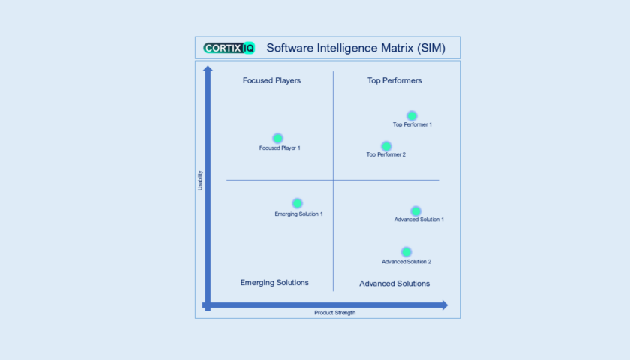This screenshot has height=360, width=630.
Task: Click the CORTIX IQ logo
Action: pyautogui.click(x=229, y=48)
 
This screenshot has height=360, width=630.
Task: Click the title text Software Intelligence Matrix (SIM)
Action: pyautogui.click(x=356, y=49)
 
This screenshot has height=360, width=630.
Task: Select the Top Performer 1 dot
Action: pyautogui.click(x=412, y=115)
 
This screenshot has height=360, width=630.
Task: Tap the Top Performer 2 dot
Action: pyautogui.click(x=386, y=146)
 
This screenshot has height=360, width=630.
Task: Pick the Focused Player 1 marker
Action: pyautogui.click(x=277, y=138)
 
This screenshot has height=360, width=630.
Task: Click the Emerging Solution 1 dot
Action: pyautogui.click(x=297, y=203)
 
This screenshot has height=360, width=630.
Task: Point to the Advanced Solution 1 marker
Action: pyautogui.click(x=415, y=211)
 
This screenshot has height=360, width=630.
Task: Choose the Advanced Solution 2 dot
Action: pyautogui.click(x=406, y=252)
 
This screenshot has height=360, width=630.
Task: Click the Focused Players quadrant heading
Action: pyautogui.click(x=271, y=80)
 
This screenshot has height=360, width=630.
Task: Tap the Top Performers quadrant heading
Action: pyautogui.click(x=394, y=80)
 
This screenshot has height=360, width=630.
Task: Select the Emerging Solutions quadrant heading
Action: pyautogui.click(x=274, y=283)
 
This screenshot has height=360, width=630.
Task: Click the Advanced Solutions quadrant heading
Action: pyautogui.click(x=394, y=283)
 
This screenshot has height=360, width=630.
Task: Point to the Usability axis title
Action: pyautogui.click(x=200, y=181)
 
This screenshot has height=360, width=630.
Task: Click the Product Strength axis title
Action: pyautogui.click(x=334, y=313)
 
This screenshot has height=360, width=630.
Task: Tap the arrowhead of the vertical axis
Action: pyautogui.click(x=208, y=70)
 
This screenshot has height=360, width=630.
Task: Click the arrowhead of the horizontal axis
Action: pyautogui.click(x=444, y=304)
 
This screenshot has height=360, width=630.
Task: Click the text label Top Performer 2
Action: pyautogui.click(x=385, y=155)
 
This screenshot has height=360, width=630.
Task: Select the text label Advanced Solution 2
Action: pyautogui.click(x=406, y=262)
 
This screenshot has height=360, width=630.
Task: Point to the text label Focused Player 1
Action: pyautogui.click(x=280, y=148)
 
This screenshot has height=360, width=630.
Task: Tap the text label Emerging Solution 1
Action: pyautogui.click(x=298, y=214)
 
